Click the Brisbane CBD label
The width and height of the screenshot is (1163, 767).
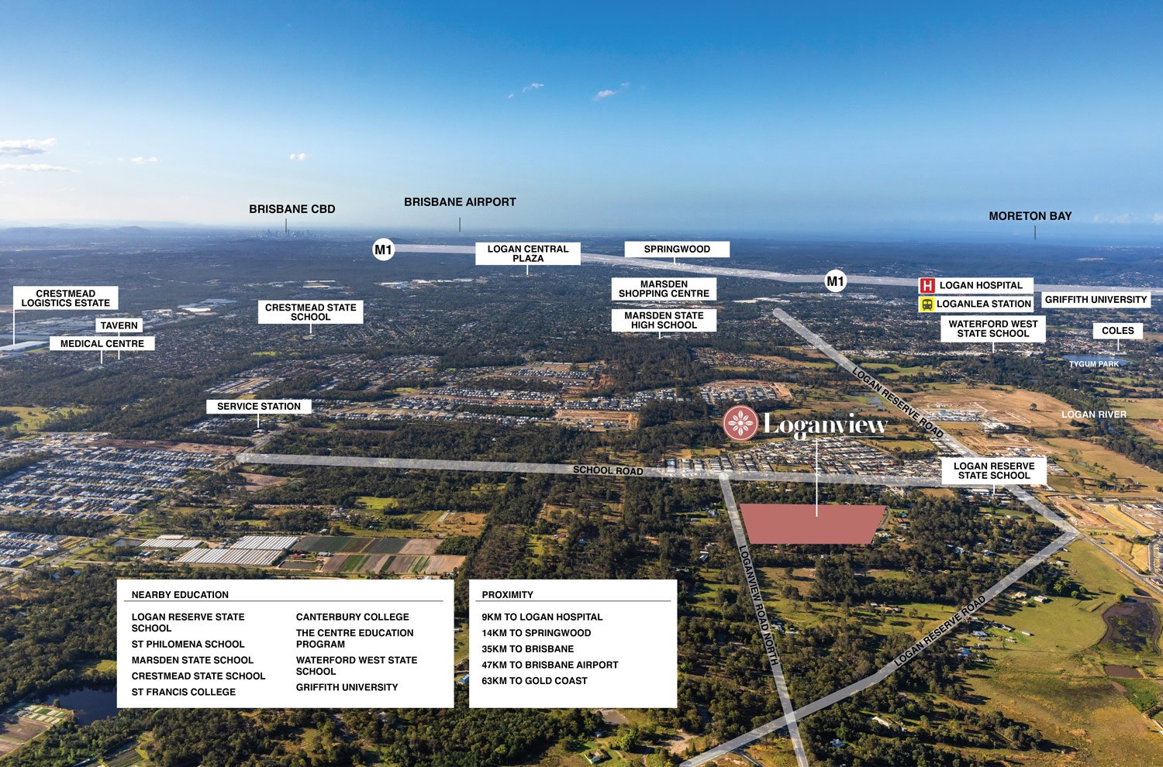tap(292, 209)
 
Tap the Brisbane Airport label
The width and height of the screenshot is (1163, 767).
tap(460, 202)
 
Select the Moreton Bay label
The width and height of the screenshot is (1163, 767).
tap(1030, 216)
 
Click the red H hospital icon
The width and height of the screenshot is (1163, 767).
tap(927, 286)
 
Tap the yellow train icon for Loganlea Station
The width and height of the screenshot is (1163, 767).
tap(927, 304)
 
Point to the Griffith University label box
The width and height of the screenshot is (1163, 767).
tap(1095, 300)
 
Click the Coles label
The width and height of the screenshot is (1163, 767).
tap(1117, 331)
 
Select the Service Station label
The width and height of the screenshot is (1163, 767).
tap(258, 407)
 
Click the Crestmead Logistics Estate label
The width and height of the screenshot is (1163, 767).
tap(66, 298)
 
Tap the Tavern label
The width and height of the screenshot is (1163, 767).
tap(119, 326)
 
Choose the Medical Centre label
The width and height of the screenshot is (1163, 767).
tap(102, 344)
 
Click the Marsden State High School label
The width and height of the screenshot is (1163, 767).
tap(664, 321)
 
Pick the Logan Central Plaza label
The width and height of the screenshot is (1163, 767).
tap(527, 253)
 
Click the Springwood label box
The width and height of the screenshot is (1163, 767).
tap(677, 249)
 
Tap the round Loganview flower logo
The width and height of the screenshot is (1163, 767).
tap(740, 423)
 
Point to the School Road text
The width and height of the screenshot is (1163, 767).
tap(608, 470)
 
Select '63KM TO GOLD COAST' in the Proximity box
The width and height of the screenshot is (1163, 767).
tap(534, 681)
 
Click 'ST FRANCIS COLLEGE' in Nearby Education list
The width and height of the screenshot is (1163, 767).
tap(184, 692)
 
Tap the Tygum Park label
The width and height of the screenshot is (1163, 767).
tap(1093, 364)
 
